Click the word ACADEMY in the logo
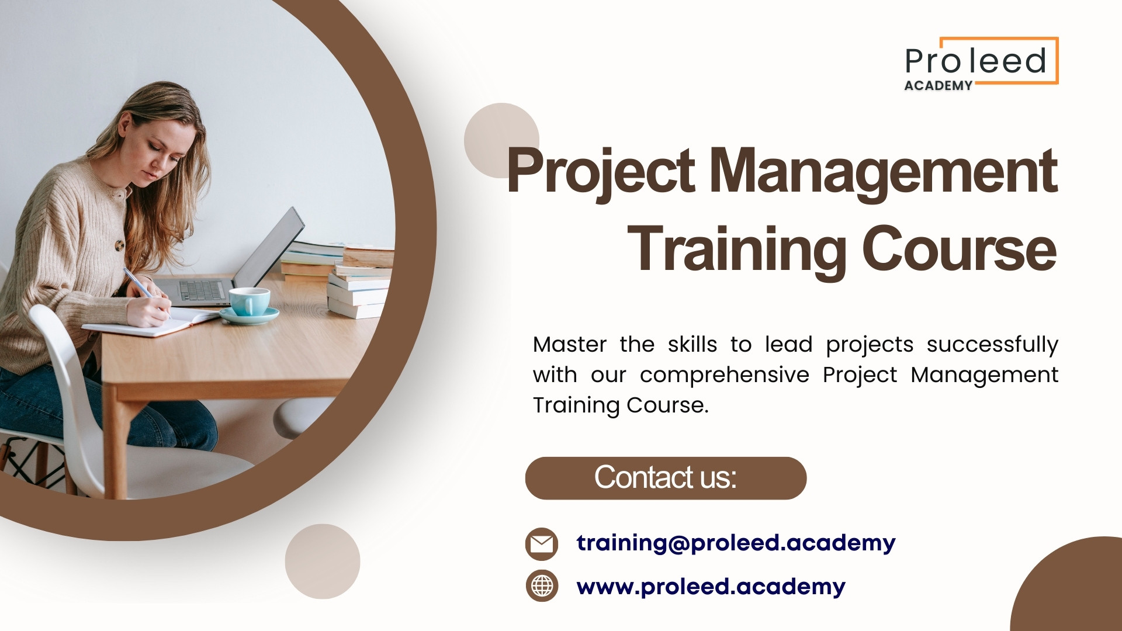point(938,85)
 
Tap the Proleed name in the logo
point(975,61)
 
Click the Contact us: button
point(666,478)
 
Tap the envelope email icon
point(542,544)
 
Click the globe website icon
point(542,585)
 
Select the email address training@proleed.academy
point(736,543)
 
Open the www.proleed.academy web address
point(711,587)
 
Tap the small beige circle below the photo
point(323,561)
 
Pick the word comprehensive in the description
point(725,375)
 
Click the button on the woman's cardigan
point(119,245)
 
